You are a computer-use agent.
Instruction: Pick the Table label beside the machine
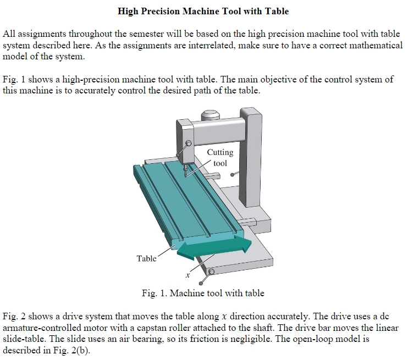[x=146, y=258]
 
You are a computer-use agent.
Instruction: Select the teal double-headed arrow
[x=214, y=244]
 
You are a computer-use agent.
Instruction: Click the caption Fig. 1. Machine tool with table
[x=203, y=293]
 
